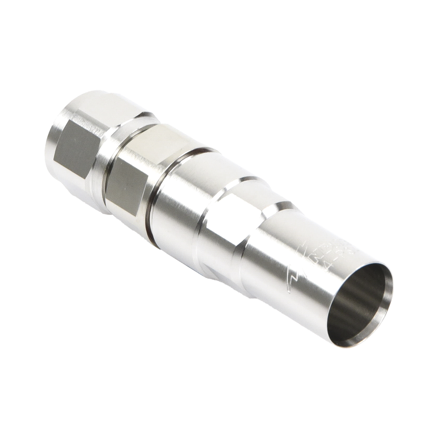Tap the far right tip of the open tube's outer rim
click(x=393, y=280)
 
